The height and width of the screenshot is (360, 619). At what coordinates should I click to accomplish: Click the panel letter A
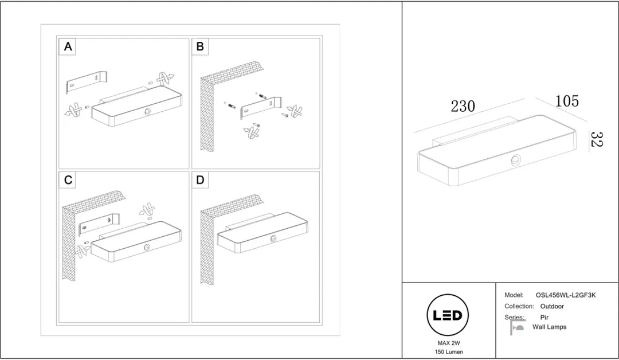[x=68, y=46]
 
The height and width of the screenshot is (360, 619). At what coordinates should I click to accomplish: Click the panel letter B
[x=200, y=46]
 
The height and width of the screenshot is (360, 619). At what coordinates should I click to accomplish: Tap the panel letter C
[x=68, y=180]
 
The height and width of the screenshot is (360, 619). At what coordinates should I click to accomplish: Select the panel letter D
[x=200, y=180]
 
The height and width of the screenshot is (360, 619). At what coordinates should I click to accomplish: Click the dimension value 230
[x=463, y=106]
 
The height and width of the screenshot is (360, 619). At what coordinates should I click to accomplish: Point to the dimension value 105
[x=567, y=101]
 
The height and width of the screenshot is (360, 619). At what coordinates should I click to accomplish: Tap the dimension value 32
[x=596, y=139]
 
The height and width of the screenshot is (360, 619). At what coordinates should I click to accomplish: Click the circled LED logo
[x=448, y=315]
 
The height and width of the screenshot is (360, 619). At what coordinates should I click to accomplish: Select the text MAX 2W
[x=449, y=343]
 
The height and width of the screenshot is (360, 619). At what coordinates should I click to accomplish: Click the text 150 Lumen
[x=449, y=352]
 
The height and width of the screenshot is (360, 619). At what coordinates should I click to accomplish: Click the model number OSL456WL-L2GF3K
[x=566, y=295]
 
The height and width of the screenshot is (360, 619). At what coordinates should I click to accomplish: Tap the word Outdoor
[x=552, y=306]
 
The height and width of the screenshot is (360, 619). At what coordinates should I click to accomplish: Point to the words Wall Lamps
[x=549, y=327]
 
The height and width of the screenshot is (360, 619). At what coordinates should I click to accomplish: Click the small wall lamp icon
[x=517, y=327]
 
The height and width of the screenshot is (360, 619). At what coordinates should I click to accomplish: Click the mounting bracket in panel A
[x=87, y=82]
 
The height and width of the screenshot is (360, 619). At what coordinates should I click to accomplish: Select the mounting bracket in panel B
[x=261, y=107]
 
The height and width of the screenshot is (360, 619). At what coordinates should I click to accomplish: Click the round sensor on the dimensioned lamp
[x=516, y=161]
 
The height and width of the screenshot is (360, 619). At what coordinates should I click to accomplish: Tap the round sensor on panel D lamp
[x=273, y=238]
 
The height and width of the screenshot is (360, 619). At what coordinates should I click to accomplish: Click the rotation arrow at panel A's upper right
[x=165, y=79]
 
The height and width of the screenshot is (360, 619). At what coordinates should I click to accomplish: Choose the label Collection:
[x=519, y=306]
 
